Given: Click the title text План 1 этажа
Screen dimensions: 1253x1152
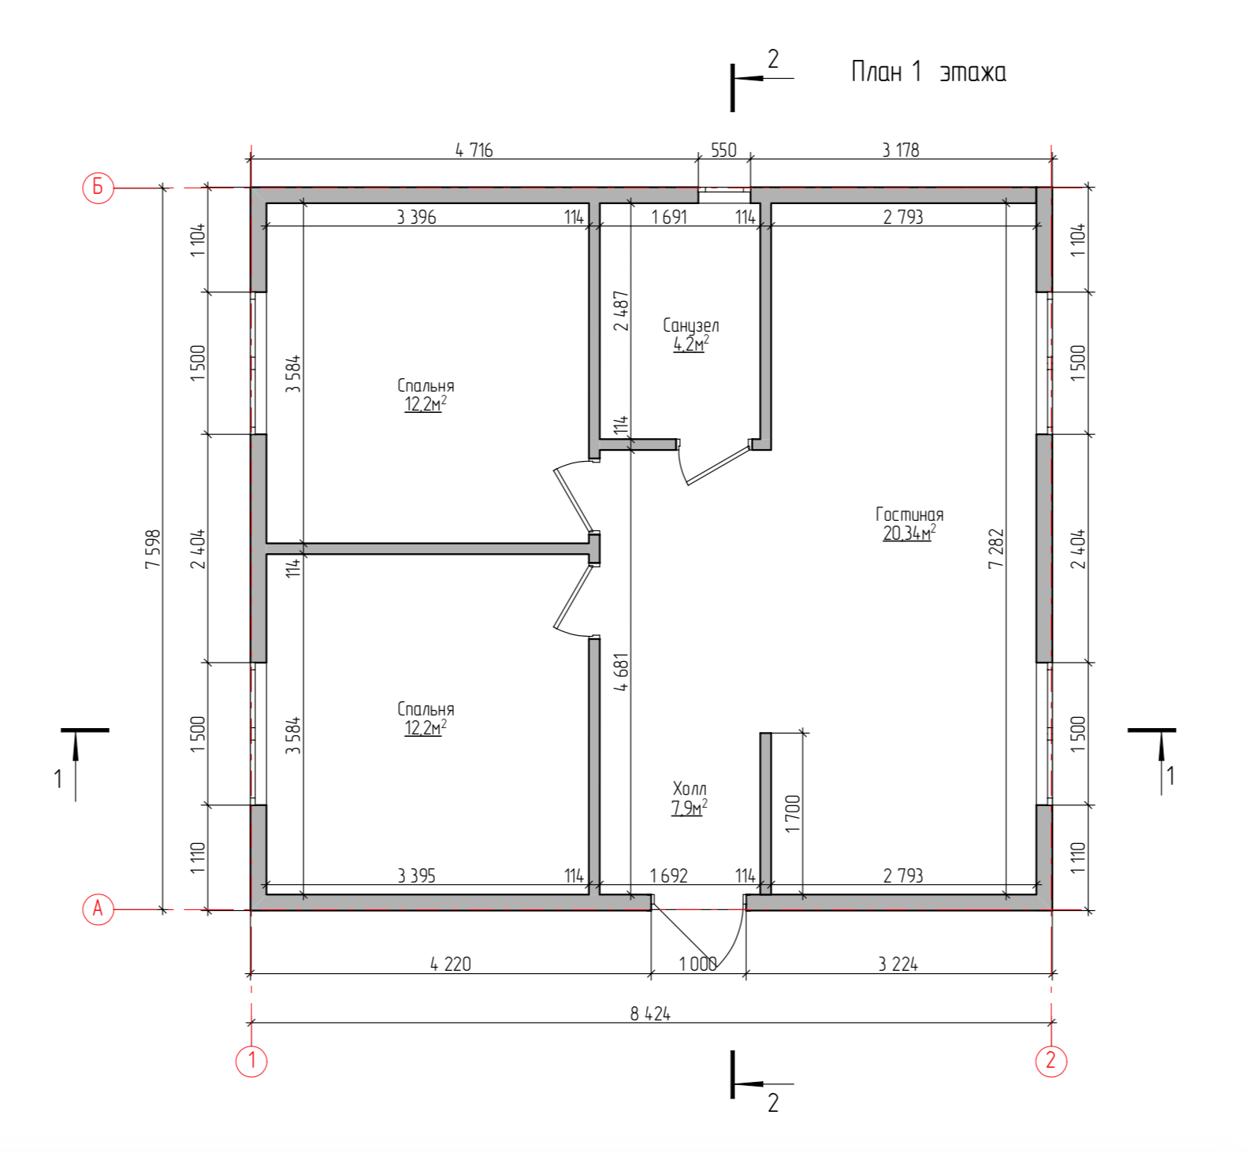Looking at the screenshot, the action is pos(928,72).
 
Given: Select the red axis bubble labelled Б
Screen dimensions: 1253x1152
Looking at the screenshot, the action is pos(98,188).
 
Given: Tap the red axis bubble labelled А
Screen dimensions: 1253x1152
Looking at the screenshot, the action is pos(98,909).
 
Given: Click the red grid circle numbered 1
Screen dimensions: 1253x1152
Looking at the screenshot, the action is pos(251,1060).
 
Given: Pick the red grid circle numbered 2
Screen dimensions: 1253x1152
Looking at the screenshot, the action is pos(1050,1060).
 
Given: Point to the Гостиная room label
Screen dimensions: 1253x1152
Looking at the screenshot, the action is pos(909,515).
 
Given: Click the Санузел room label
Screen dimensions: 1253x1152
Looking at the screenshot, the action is pos(690,325).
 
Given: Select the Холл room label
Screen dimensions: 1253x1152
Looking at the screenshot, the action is pos(690,789).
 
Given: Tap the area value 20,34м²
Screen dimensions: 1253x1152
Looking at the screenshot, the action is pos(909,533).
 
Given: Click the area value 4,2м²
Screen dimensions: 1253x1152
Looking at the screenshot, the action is pos(690,344).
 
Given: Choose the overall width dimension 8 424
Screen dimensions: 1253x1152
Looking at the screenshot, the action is pos(650,1014).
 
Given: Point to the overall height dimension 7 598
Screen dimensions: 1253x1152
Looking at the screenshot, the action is pos(153,548).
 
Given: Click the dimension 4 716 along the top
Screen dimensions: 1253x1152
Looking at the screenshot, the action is pos(474,150).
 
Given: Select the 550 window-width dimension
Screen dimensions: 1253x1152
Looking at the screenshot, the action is pos(723,150).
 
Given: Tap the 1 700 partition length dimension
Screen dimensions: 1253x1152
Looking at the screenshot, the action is pos(793,813).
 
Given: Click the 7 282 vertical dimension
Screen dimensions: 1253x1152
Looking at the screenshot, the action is pos(996,548).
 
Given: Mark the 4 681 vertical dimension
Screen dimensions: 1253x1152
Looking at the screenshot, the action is pos(622,672).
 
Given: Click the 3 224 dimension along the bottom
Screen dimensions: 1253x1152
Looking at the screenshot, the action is pos(898,964).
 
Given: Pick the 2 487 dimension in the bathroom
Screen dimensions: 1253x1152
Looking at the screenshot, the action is pos(622,310).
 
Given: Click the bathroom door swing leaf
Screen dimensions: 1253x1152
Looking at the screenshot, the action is pos(717,465).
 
